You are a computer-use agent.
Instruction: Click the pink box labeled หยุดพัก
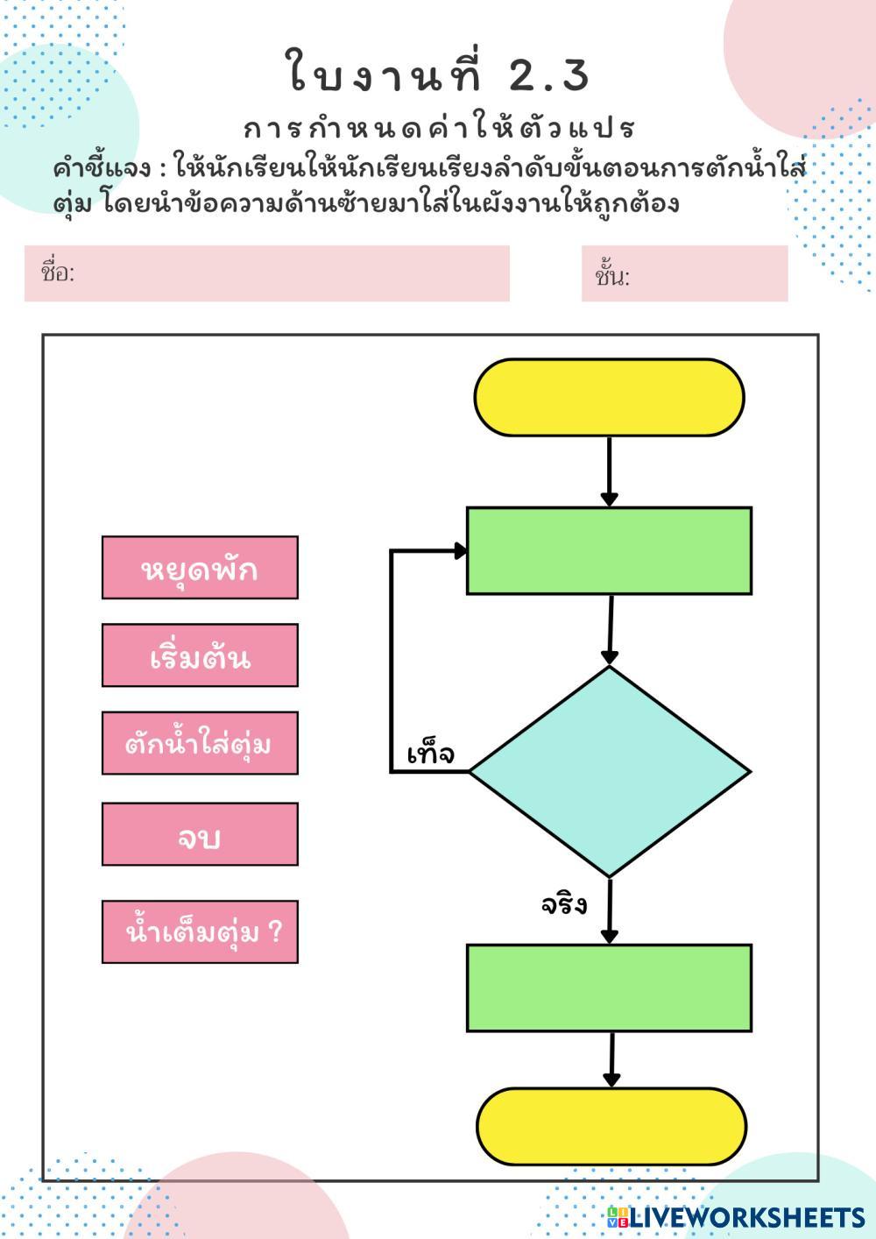pyautogui.click(x=200, y=568)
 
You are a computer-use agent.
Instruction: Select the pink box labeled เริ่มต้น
pyautogui.click(x=200, y=655)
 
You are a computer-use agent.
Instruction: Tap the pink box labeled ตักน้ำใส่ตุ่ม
pyautogui.click(x=200, y=743)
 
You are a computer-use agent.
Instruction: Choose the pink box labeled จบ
pyautogui.click(x=200, y=834)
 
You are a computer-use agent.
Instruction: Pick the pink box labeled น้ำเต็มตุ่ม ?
pyautogui.click(x=200, y=932)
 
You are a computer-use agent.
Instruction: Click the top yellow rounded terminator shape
pyautogui.click(x=609, y=398)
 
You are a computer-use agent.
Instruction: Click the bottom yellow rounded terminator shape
pyautogui.click(x=611, y=1126)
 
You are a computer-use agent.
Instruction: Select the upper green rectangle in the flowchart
pyautogui.click(x=609, y=550)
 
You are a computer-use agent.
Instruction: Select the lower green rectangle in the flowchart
pyautogui.click(x=609, y=988)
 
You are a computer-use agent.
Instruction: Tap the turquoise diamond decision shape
pyautogui.click(x=610, y=772)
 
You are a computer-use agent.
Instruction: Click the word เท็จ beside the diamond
pyautogui.click(x=431, y=754)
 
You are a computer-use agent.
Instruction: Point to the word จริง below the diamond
pyautogui.click(x=563, y=904)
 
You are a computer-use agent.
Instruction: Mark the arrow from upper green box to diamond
pyautogui.click(x=610, y=630)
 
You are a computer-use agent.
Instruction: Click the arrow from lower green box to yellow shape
pyautogui.click(x=611, y=1059)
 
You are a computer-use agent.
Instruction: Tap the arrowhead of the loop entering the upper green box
pyautogui.click(x=460, y=550)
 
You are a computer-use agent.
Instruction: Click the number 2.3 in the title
pyautogui.click(x=549, y=75)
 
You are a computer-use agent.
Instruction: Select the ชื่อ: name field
pyautogui.click(x=267, y=273)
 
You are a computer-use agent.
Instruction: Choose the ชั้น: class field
pyautogui.click(x=684, y=274)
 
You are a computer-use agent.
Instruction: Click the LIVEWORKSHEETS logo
pyautogui.click(x=736, y=1217)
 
